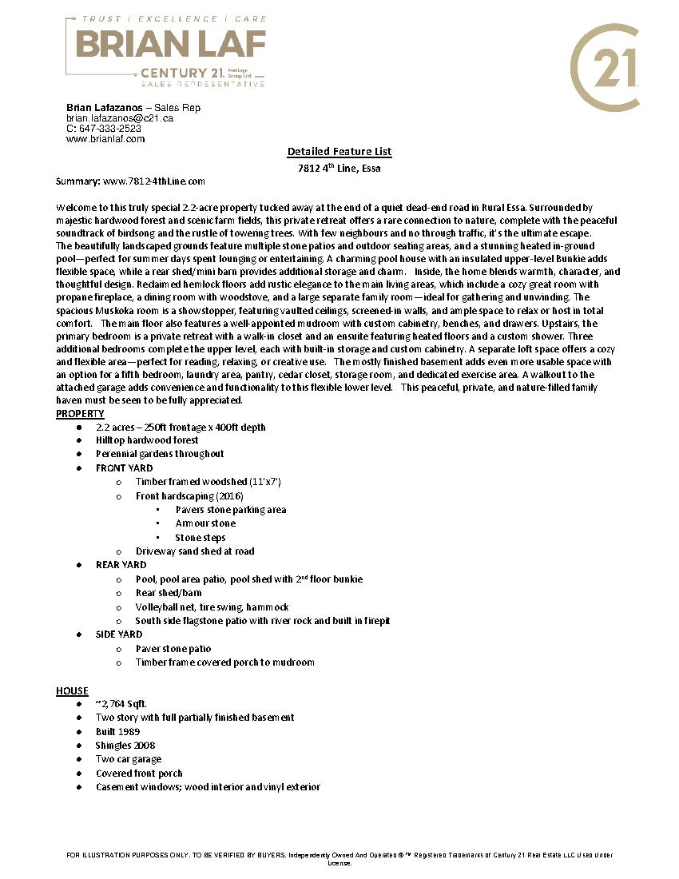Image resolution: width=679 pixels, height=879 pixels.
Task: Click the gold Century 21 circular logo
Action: click(605, 67)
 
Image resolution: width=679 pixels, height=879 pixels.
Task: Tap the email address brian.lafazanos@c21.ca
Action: click(120, 118)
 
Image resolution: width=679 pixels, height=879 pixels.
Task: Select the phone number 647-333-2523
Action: click(109, 129)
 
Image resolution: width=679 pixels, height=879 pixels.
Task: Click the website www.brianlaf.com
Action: click(105, 139)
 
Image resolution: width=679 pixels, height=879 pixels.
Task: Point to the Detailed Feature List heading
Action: click(339, 152)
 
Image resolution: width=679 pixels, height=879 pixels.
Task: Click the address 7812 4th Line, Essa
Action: click(339, 169)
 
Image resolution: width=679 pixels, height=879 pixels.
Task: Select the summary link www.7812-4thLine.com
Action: click(154, 182)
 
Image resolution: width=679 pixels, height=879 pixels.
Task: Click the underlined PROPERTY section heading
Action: click(80, 414)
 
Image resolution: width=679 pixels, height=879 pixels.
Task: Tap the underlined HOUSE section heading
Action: click(72, 691)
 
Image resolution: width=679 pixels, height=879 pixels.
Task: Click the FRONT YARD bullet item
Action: click(124, 468)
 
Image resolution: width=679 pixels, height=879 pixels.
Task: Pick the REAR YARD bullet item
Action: click(121, 565)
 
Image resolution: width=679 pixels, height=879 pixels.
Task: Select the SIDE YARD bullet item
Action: click(119, 634)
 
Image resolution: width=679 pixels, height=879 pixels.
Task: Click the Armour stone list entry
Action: click(205, 523)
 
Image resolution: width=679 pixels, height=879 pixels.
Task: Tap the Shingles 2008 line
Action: click(125, 746)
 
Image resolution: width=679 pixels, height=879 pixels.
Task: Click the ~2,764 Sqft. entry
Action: click(121, 704)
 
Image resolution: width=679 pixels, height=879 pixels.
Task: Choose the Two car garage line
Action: click(129, 759)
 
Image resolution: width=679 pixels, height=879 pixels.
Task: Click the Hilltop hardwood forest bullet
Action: click(147, 440)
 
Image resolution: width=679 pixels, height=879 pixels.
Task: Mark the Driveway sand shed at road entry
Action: click(195, 551)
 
